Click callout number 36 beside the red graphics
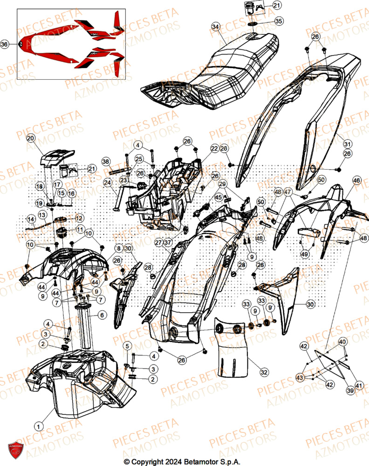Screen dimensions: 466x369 pos(5,44)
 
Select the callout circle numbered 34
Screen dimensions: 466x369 pos(215,27)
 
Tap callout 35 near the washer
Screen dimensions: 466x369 pos(278,21)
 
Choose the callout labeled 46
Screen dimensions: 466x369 pos(356,180)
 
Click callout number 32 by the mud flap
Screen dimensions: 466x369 pos(264,372)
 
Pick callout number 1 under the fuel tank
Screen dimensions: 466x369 pos(39,425)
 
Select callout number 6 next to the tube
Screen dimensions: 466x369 pos(101,315)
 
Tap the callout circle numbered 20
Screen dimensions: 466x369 pos(31,138)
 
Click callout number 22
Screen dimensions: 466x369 pos(214,149)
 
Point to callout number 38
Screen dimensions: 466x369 pos(106,162)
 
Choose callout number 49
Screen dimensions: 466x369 pos(305,254)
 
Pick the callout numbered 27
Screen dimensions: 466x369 pos(158,242)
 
